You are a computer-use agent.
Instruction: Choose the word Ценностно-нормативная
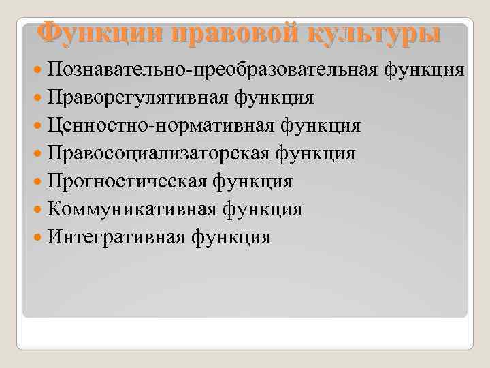160,126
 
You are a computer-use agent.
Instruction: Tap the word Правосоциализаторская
160,154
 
